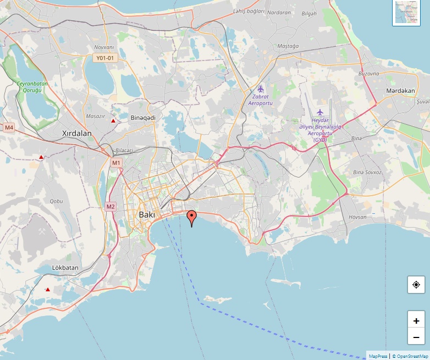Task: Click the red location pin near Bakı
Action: point(191,217)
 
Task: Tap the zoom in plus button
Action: point(416,321)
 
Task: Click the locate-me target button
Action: point(416,285)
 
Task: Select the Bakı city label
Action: point(147,214)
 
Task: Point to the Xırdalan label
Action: point(76,133)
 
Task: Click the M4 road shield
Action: point(9,128)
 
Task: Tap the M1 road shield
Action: point(116,163)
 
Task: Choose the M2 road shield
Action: point(111,207)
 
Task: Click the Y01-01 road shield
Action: point(104,58)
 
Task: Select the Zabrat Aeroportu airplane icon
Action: point(261,89)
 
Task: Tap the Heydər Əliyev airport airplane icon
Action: point(320,112)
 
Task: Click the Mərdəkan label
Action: point(400,91)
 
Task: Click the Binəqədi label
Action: point(143,118)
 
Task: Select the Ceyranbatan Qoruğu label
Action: point(32,87)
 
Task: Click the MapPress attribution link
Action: point(378,356)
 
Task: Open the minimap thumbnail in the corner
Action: point(406,13)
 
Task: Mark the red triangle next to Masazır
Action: point(113,120)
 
